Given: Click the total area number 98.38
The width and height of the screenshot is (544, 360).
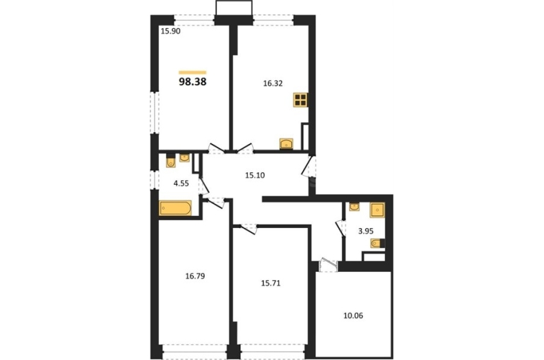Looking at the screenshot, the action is coord(193,82).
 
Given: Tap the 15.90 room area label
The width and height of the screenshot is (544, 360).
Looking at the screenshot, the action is coord(171,31).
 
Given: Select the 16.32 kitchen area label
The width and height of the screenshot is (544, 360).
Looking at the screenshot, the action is coord(273,83).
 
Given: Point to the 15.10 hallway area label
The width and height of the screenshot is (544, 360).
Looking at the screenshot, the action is coord(255,175).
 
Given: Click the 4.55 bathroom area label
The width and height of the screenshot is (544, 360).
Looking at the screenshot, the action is coord(181,184).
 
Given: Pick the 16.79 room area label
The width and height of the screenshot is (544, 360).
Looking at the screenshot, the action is coord(195,276).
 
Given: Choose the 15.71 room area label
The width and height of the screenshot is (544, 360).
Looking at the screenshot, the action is coord(271,284).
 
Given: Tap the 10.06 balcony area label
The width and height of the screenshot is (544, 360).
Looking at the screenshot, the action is coord(353,316).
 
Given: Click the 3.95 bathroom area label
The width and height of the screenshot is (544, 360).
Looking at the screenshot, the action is coord(366,231).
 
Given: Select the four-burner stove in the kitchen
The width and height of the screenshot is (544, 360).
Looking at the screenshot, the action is coord(300,100).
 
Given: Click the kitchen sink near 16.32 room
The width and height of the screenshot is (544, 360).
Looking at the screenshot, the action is coord(286,143).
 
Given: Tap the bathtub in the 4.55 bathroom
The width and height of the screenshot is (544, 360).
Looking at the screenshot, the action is coord(175,208).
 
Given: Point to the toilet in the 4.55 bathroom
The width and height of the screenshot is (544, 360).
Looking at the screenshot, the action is coord(171,161).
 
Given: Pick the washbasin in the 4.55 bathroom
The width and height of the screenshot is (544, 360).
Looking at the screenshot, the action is coord(184,157).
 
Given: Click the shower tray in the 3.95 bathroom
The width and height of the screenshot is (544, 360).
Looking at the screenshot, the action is coord(377,210).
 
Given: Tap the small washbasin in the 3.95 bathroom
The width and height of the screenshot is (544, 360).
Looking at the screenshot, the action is coord(354,207).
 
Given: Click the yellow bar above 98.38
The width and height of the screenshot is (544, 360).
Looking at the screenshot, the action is coord(193,73).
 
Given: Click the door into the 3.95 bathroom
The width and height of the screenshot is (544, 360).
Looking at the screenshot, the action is coord(341,228).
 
